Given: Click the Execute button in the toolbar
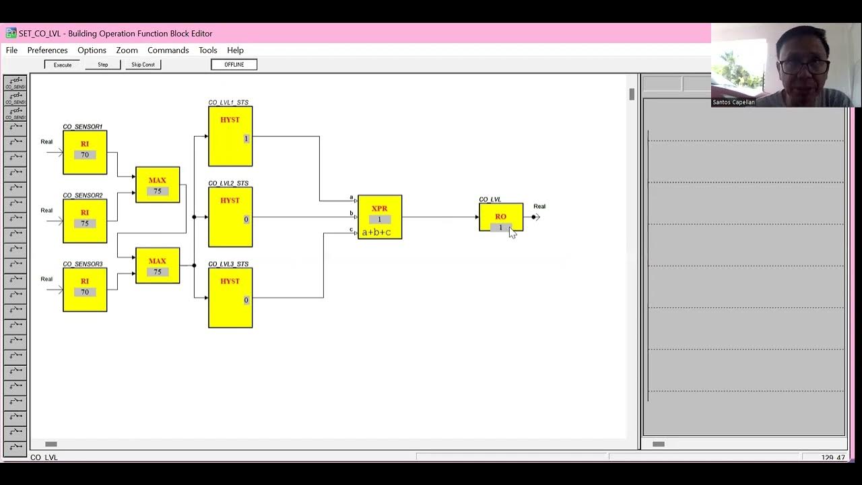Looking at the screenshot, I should pos(63,65).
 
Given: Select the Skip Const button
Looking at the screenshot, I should pos(143,65).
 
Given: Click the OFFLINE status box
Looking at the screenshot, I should pos(234,65).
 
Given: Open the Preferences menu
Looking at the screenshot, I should pos(47,51).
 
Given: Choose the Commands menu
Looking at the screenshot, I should pos(168,51).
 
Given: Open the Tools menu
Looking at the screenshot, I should pos(207,51).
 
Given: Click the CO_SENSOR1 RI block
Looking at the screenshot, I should pos(85,152).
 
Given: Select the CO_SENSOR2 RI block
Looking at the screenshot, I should pos(85,221).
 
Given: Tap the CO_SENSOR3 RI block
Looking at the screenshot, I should pos(85,290).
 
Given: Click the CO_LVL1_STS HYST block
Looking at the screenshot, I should pos(230,136).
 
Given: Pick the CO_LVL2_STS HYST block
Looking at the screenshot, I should pos(230,217).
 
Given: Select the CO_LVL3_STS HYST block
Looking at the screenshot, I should pos(230,298).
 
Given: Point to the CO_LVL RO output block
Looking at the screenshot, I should pos(500,217).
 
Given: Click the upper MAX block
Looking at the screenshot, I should pos(158,185).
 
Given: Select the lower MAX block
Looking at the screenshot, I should pos(158,265).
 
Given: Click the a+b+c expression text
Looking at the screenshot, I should pos(376,232).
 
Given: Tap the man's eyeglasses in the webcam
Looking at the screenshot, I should pos(803,67).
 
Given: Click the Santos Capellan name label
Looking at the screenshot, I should pos(733,102).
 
